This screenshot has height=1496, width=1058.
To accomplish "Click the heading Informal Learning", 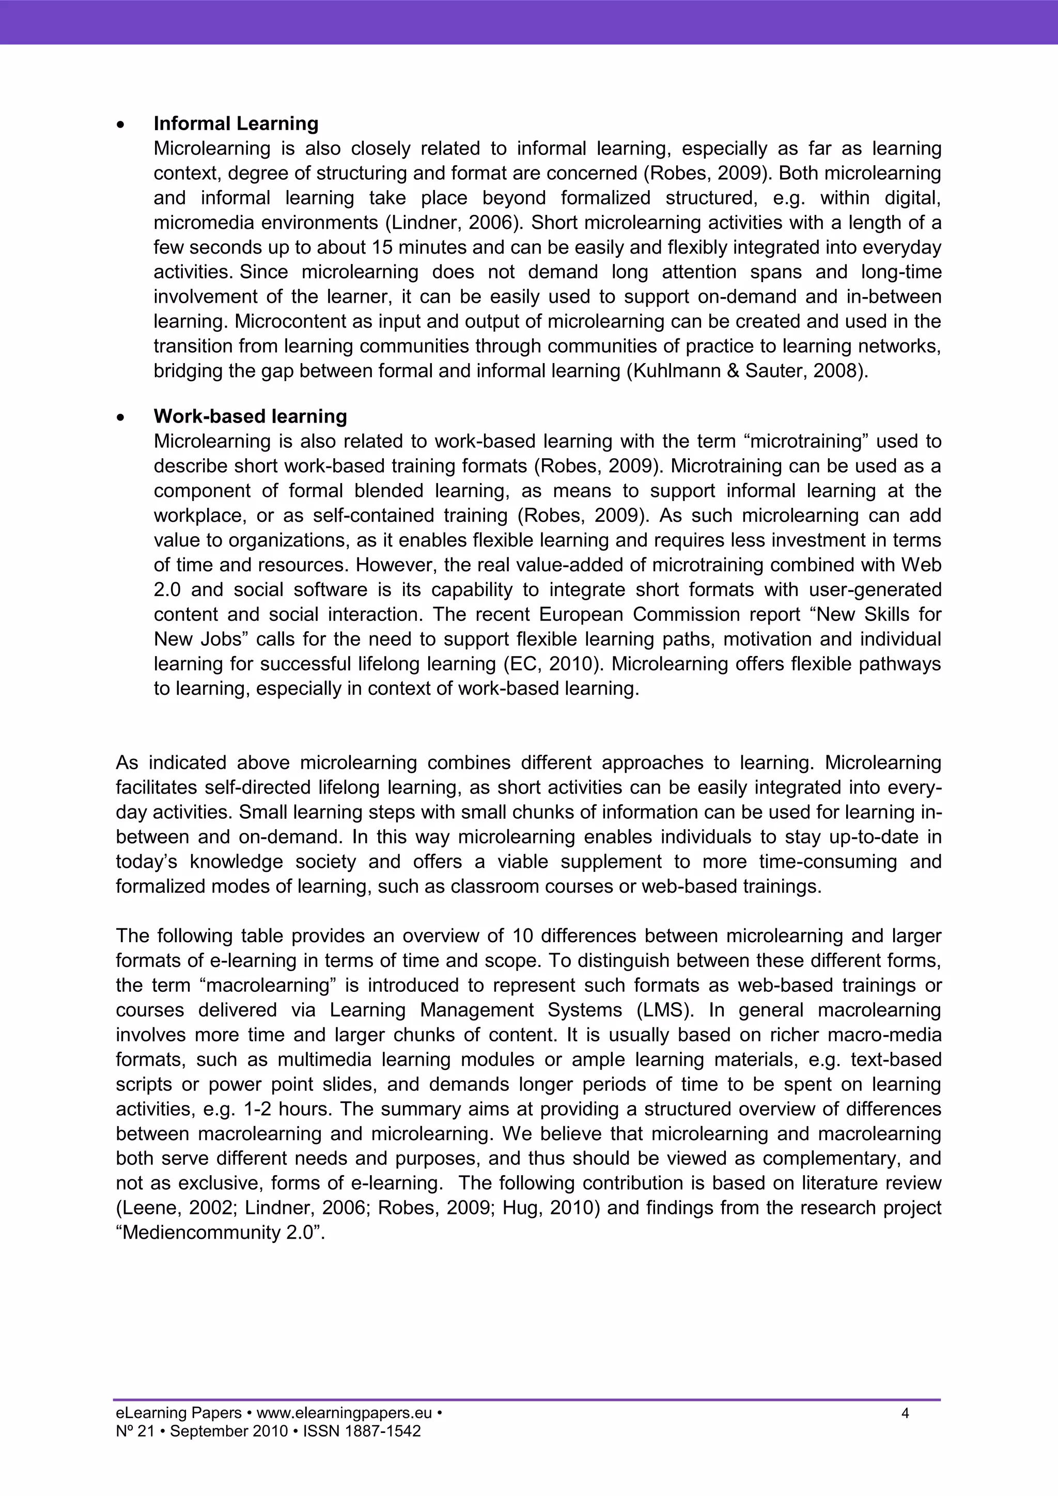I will tap(236, 124).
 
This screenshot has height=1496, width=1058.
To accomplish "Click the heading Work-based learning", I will tap(250, 416).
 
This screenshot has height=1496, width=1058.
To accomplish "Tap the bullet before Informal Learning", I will tap(119, 124).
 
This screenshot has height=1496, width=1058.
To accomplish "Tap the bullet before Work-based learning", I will tap(119, 417).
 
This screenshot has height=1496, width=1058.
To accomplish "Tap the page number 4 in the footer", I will tap(905, 1413).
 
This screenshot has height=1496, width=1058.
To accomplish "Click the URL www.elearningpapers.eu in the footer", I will tap(345, 1413).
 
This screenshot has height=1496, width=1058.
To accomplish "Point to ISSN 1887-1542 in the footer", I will tap(362, 1431).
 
